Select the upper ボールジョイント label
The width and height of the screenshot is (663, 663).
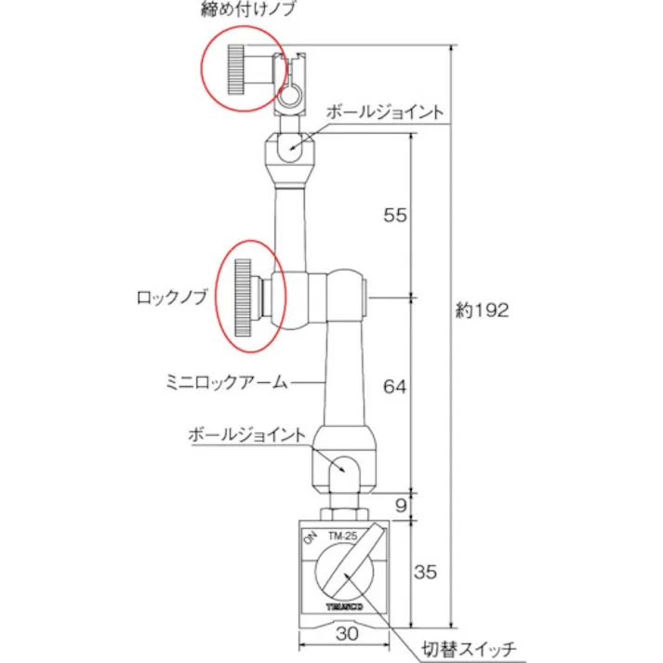pyautogui.click(x=386, y=110)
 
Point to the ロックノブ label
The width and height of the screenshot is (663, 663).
pyautogui.click(x=174, y=298)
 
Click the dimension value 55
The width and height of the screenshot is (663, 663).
pyautogui.click(x=395, y=215)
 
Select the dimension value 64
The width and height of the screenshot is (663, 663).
pyautogui.click(x=395, y=383)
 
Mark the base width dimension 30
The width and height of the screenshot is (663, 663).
pyautogui.click(x=346, y=633)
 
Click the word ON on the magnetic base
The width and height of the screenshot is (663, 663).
pyautogui.click(x=310, y=538)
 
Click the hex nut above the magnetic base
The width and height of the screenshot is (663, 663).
pyautogui.click(x=345, y=511)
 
